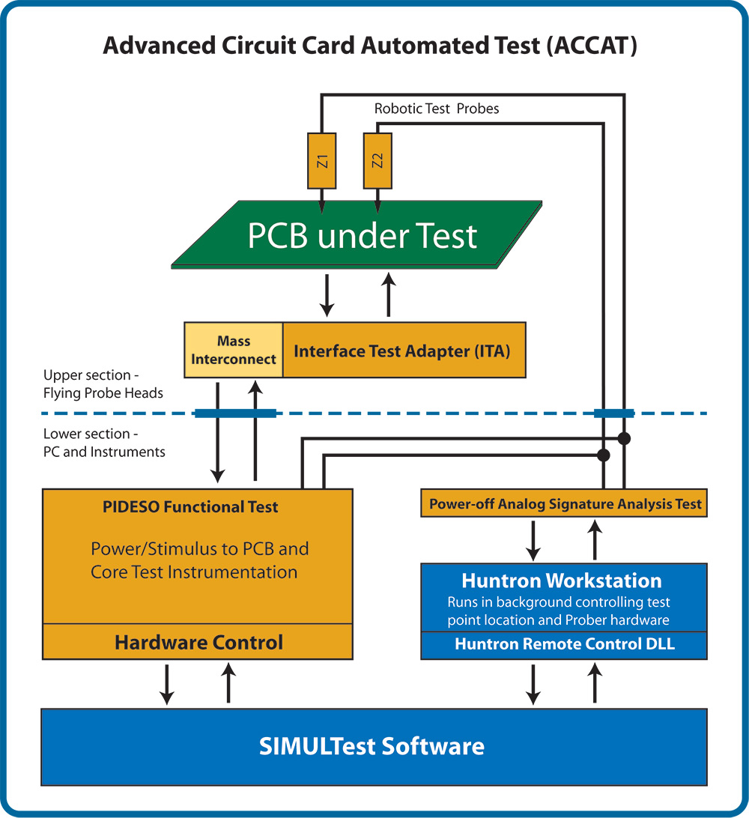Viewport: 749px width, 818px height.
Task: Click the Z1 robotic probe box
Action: [321, 161]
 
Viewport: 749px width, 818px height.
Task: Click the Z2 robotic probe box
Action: [377, 161]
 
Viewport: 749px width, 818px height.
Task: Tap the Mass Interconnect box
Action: [234, 350]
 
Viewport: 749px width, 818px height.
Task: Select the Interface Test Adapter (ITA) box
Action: [404, 350]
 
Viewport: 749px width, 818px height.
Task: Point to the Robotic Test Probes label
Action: [437, 109]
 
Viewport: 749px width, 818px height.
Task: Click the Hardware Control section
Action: [198, 642]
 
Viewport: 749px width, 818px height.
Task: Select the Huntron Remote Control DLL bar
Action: [564, 645]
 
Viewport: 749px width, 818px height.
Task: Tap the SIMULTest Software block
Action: [372, 746]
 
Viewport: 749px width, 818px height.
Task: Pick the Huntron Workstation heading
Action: [561, 581]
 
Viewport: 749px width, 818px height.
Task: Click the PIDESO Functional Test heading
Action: [190, 507]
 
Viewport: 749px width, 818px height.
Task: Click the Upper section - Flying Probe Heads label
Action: [103, 384]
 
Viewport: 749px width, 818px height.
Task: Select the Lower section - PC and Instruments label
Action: [104, 442]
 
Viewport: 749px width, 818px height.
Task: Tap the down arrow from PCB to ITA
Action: [327, 295]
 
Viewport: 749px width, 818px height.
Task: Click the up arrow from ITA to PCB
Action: [388, 295]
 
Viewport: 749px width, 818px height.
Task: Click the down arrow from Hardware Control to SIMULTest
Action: [167, 684]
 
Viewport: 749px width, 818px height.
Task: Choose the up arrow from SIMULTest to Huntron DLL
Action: [595, 684]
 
